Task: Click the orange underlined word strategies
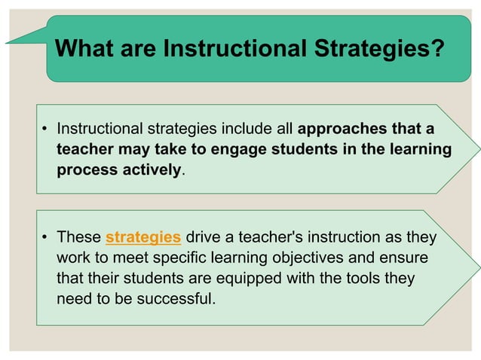click(143, 238)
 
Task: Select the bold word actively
click(155, 169)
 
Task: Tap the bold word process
click(87, 169)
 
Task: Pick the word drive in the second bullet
click(201, 238)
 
